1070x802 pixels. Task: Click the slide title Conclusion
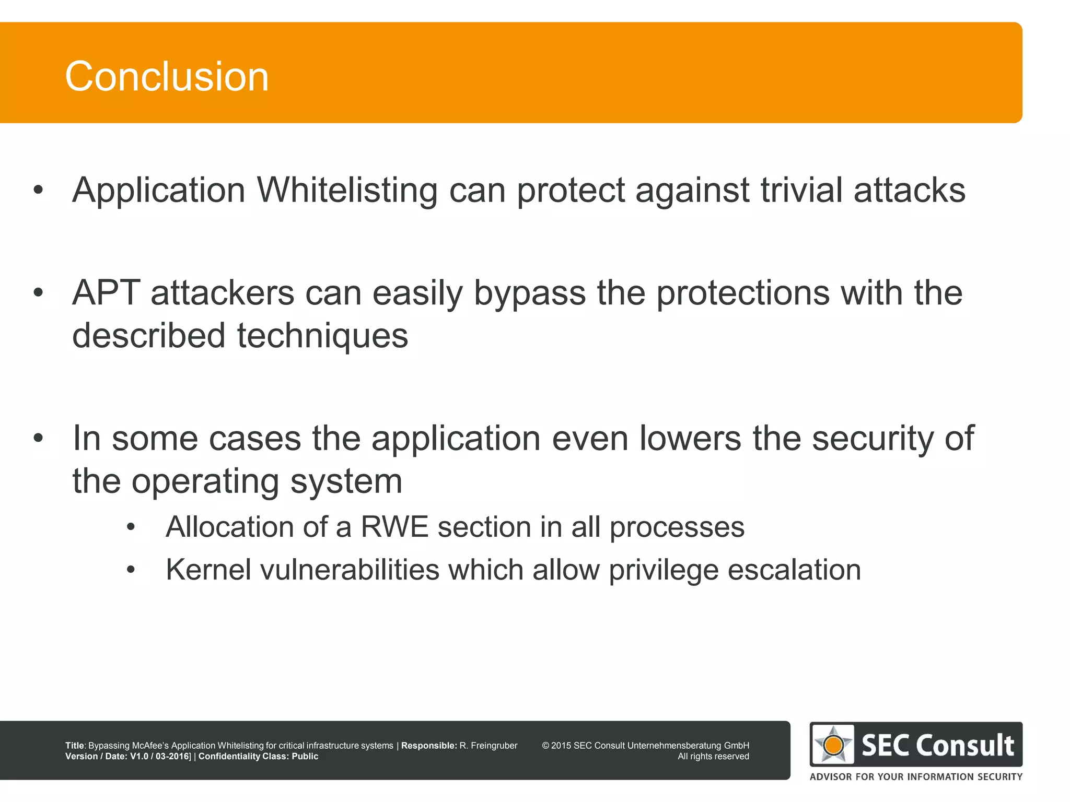pos(167,77)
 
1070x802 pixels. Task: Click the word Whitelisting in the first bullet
pos(347,191)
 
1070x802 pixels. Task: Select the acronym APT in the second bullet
pos(107,293)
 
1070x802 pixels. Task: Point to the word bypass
pos(529,294)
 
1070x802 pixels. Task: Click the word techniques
pos(322,336)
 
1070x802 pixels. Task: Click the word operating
pos(205,481)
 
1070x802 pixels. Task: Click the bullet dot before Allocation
pos(131,527)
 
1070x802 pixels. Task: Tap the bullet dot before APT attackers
pos(38,293)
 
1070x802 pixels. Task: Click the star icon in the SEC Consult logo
pos(834,745)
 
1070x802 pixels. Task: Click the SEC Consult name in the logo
pos(937,745)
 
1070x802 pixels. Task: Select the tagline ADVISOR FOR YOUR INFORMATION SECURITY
pos(916,777)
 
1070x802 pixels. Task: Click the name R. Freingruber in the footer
pos(488,746)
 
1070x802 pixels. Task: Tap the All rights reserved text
pos(713,757)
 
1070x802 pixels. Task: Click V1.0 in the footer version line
pos(139,757)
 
